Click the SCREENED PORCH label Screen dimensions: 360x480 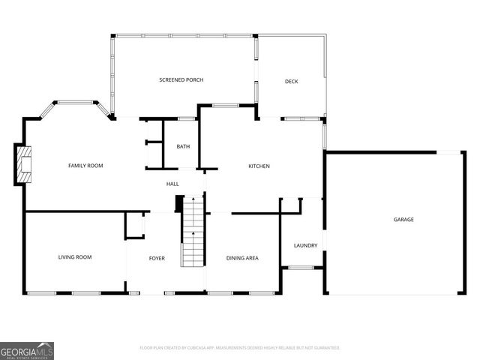181,79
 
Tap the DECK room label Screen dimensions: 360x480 292,81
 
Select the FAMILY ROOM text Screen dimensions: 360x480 85,166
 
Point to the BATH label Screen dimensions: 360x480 183,146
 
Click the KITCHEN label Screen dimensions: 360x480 259,166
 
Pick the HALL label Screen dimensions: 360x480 172,183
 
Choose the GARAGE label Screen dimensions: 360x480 403,220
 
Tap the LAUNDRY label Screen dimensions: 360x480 305,245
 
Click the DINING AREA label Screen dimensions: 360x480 242,258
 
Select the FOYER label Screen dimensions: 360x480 157,258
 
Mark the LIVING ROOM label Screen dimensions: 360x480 75,257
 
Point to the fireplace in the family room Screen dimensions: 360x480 25,166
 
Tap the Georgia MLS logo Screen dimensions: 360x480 27,350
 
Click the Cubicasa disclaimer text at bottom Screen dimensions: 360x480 240,348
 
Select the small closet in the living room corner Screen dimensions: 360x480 134,224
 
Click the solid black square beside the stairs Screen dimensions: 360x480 179,202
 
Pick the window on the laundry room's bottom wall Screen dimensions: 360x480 301,268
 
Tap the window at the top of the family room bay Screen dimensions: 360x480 74,102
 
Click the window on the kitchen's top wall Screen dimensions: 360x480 225,106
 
